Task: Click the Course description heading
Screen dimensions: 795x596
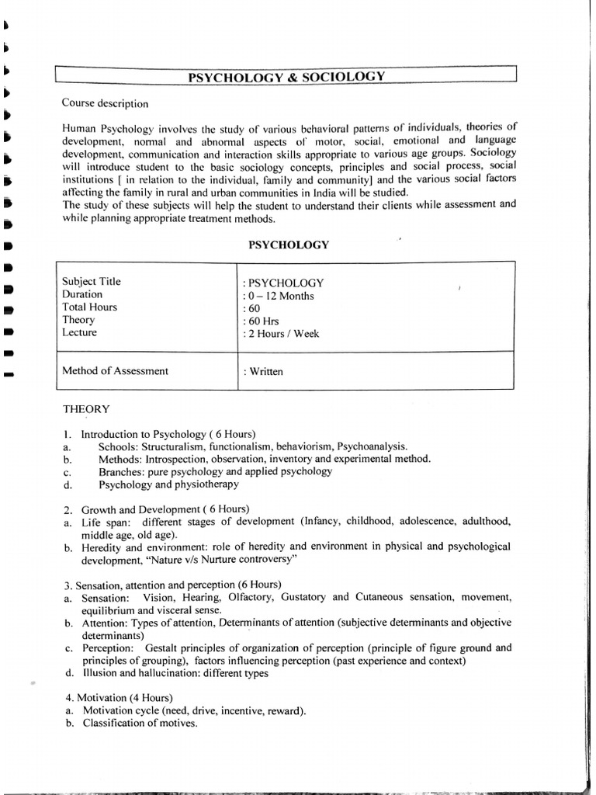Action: [105, 102]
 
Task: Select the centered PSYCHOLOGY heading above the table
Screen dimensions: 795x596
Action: [288, 245]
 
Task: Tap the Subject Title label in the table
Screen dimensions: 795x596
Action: [92, 282]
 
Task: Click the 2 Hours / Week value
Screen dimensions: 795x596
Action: [282, 334]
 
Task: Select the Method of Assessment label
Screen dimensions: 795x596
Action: [115, 371]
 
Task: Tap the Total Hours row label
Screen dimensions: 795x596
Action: [89, 307]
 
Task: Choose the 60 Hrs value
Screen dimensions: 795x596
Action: [261, 321]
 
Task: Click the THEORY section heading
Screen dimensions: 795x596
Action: [86, 408]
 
